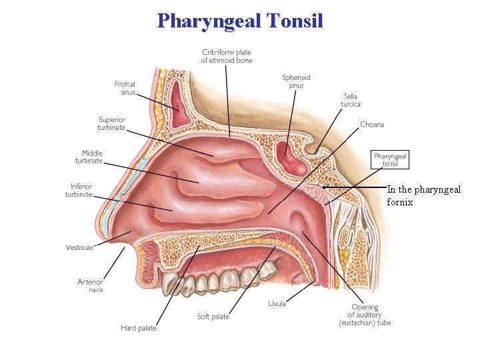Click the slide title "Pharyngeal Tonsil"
pos(240,20)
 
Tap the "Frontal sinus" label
pos(125,88)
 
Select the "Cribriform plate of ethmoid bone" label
pos(227,56)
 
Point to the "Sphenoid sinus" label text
pos(296,81)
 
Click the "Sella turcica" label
pos(351,100)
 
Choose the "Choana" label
pos(372,125)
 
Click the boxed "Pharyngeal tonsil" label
pos(390,159)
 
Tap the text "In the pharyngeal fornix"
pos(423,195)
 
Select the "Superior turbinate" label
pos(112,123)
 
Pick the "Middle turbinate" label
pos(88,157)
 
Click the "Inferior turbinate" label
pos(79,190)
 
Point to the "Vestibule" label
pos(79,247)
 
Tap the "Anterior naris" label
pos(90,285)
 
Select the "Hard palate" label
pos(139,327)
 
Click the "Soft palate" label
pos(213,317)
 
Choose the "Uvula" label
pos(277,304)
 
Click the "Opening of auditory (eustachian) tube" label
pos(364,315)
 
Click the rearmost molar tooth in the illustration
pos(267,270)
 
